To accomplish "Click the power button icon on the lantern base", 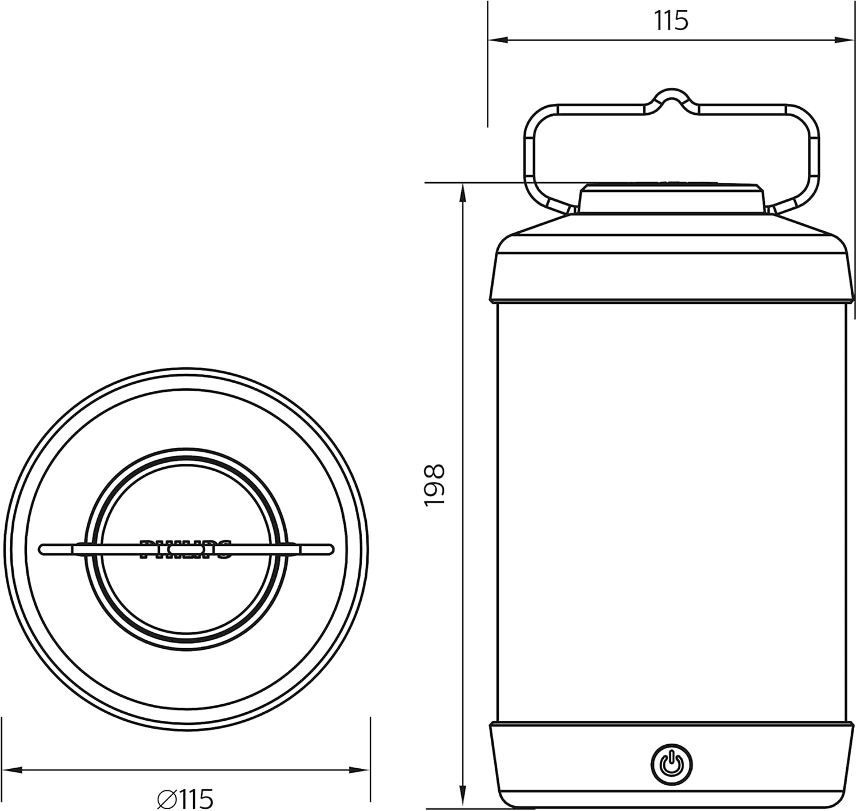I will coord(671,763).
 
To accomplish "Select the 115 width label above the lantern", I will coord(671,21).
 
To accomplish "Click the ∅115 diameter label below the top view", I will coord(185,797).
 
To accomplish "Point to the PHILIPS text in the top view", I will coord(186,548).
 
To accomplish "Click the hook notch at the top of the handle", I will coord(671,97).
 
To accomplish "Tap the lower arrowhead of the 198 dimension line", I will coord(462,800).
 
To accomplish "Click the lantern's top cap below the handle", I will coord(671,199).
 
